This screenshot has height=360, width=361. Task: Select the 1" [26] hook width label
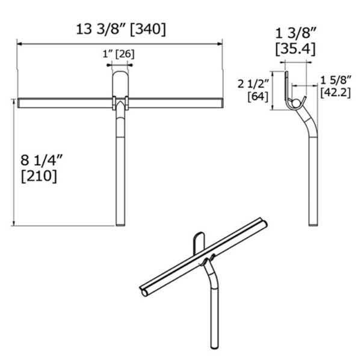tap(119, 54)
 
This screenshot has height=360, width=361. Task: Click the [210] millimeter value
tap(39, 176)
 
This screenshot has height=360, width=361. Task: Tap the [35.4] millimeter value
tap(295, 49)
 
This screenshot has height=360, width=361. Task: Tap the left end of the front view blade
tap(20, 103)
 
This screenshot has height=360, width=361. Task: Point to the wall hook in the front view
tap(120, 81)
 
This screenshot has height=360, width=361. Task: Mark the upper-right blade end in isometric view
tap(262, 222)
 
